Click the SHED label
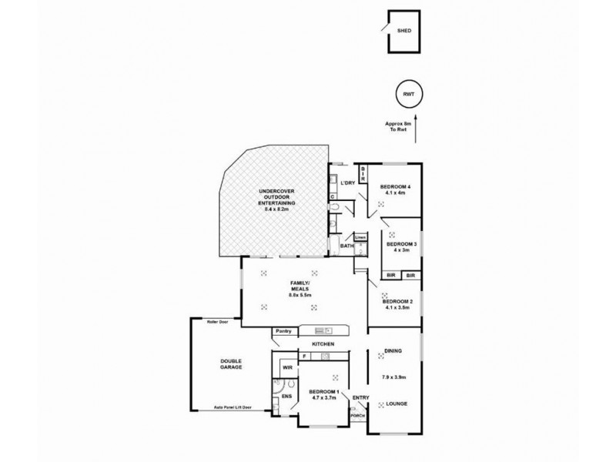(x=403, y=31)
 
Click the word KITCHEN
(x=322, y=344)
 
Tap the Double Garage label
(x=230, y=363)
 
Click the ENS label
(x=286, y=397)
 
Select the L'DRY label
(x=347, y=182)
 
